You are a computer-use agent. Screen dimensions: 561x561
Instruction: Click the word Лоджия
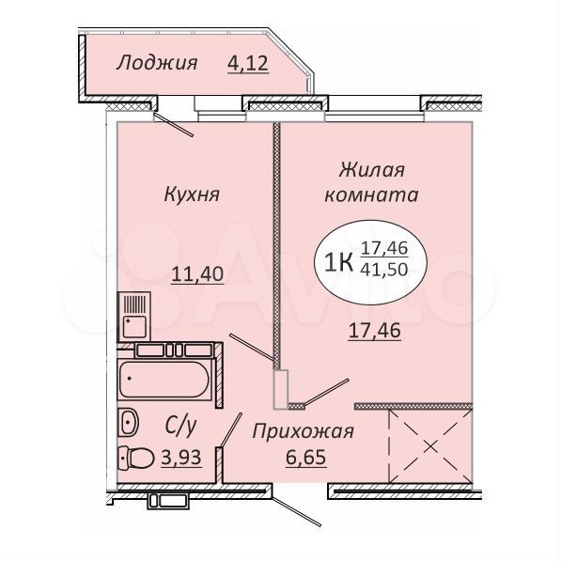(x=157, y=63)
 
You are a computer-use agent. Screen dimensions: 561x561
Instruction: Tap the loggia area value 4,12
(x=248, y=64)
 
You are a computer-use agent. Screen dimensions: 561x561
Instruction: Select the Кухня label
(x=192, y=195)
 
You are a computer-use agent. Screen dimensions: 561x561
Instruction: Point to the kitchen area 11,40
(x=197, y=274)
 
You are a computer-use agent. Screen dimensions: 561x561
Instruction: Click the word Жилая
(x=371, y=169)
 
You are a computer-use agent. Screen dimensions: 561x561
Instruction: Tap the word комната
(x=371, y=195)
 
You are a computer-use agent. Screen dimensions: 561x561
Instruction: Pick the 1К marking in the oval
(x=337, y=262)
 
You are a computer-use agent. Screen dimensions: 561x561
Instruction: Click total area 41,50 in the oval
(x=384, y=270)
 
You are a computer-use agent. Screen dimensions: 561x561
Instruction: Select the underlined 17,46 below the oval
(x=374, y=331)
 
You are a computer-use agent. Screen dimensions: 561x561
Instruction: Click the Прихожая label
(x=303, y=432)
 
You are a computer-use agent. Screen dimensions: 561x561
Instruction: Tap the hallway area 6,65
(x=306, y=457)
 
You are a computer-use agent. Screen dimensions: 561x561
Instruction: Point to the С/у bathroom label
(x=180, y=426)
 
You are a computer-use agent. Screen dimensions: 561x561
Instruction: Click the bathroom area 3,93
(x=181, y=457)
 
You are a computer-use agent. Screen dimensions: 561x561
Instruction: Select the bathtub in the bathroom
(x=164, y=380)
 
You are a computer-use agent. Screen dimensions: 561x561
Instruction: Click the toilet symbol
(x=136, y=458)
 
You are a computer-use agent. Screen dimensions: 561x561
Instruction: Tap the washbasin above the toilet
(x=128, y=422)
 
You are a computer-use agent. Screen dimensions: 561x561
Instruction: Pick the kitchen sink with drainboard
(x=133, y=316)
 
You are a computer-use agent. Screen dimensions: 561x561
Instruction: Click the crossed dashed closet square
(x=430, y=446)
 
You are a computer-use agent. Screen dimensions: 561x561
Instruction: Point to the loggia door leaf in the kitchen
(x=174, y=125)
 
